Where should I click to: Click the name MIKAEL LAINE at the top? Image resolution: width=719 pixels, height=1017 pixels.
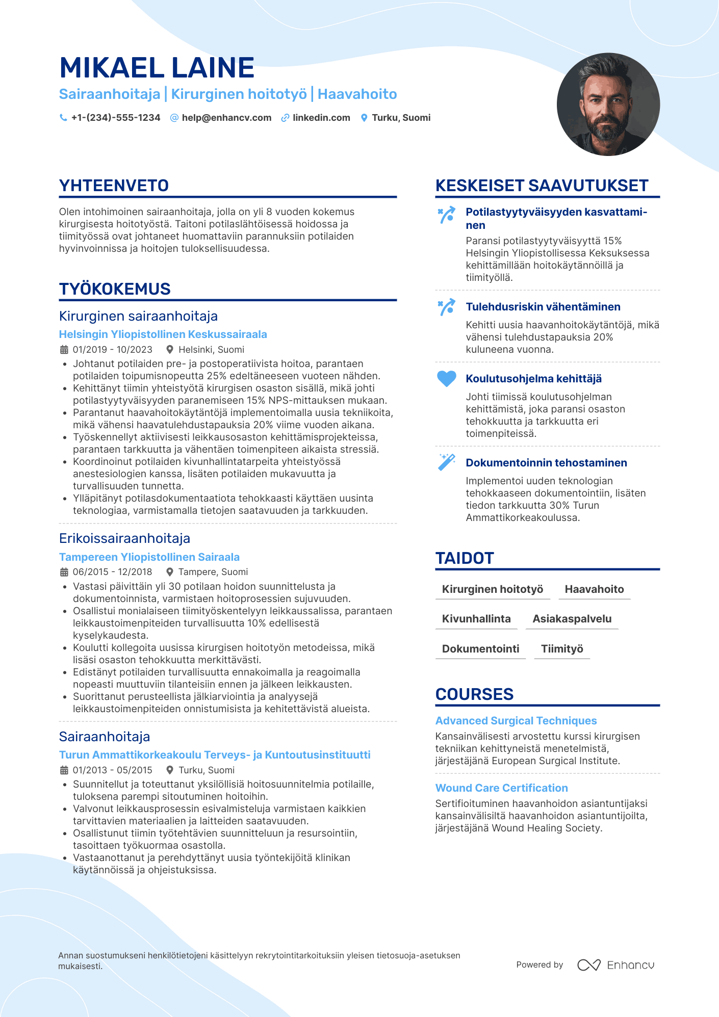157,68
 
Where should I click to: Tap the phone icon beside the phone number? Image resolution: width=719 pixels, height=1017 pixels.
63,118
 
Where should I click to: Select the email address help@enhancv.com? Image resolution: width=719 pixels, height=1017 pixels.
226,118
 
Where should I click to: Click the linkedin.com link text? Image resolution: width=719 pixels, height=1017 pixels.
321,118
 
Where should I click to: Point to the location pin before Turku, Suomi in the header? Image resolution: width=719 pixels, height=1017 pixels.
364,118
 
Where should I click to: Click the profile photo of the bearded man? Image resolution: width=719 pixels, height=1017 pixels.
608,105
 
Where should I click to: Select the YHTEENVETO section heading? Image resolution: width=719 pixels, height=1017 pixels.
114,186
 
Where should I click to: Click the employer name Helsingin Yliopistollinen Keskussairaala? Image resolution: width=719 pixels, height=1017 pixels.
163,334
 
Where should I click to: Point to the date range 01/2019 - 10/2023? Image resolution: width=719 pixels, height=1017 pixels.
112,350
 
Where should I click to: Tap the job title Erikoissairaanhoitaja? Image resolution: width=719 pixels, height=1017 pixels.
124,538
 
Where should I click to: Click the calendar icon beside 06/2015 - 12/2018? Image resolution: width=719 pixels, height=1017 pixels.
64,572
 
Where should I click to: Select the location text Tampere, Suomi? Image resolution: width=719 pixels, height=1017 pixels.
213,572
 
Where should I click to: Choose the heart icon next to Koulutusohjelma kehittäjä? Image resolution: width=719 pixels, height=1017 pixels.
447,379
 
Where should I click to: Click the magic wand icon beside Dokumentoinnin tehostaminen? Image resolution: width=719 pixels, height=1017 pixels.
447,462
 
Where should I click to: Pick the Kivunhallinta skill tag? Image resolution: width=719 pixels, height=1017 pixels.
476,619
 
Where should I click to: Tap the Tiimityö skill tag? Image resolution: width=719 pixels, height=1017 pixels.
562,649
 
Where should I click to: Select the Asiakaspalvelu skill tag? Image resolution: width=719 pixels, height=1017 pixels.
572,619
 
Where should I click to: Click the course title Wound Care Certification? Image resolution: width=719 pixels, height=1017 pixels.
501,788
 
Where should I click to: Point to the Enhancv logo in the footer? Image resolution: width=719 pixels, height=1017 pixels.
615,965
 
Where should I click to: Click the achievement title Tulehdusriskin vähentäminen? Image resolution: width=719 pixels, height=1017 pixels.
543,307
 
